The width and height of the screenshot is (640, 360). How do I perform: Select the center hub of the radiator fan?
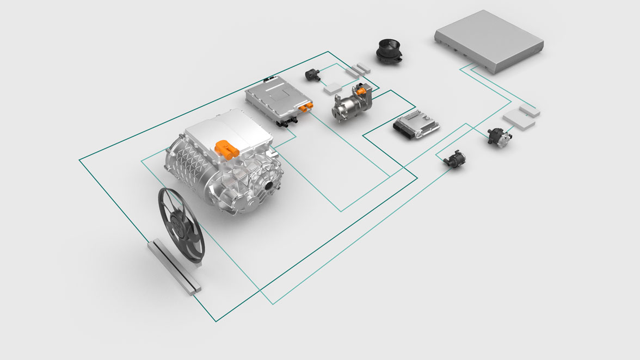coord(179,225)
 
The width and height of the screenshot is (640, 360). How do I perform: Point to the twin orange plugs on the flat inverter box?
coord(305,105)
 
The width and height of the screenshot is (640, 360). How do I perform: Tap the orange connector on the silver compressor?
coord(361,91)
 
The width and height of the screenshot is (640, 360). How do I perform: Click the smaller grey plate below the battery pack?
coord(530,110)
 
